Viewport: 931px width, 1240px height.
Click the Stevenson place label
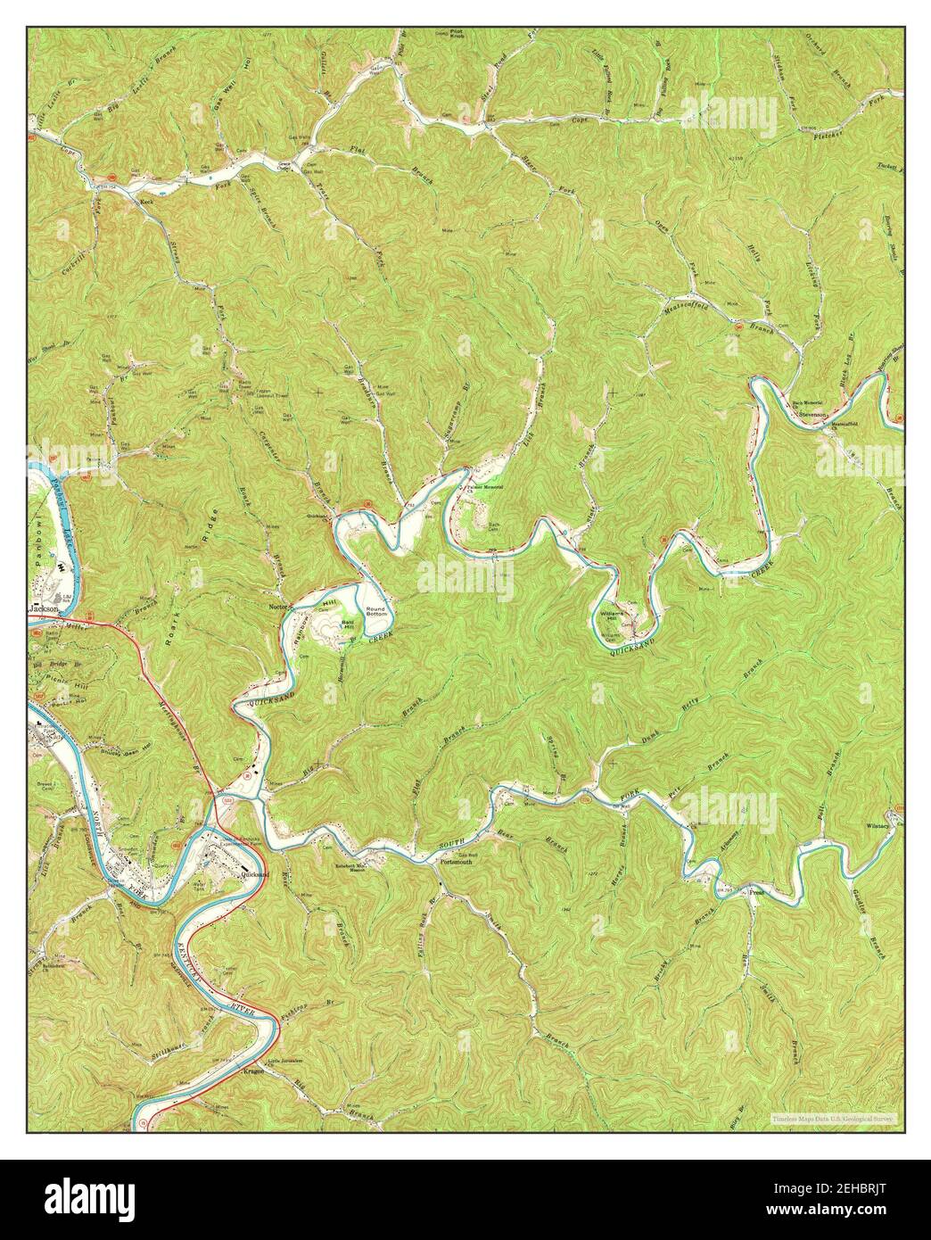point(813,415)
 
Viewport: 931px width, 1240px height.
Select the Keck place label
point(148,203)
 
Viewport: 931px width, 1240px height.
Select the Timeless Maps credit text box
point(834,1118)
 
